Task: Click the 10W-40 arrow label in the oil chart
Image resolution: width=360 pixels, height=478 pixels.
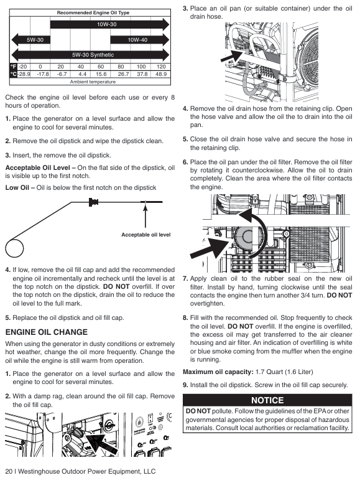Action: point(137,40)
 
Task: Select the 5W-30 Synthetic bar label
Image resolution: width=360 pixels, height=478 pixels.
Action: point(93,55)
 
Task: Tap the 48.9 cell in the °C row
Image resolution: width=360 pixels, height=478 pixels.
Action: point(161,74)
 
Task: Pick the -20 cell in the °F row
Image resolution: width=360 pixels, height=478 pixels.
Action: point(22,67)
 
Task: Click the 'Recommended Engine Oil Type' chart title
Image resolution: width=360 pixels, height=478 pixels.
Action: point(93,13)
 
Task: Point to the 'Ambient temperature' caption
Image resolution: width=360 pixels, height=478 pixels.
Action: point(93,82)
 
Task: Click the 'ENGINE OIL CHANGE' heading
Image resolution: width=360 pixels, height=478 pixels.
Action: point(46,332)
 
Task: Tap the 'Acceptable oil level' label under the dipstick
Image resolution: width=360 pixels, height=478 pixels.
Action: point(146,235)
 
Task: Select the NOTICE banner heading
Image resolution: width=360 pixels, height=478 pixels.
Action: point(267,400)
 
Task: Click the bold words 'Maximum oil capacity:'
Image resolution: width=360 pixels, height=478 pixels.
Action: point(218,372)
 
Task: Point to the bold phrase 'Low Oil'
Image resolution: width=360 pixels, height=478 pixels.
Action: point(17,187)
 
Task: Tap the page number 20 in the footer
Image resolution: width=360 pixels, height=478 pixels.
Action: point(9,471)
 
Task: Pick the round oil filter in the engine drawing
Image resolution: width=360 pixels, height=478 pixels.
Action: point(247,237)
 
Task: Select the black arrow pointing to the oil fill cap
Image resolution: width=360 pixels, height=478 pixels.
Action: point(101,443)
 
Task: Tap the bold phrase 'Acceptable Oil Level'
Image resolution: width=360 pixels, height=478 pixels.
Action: point(38,167)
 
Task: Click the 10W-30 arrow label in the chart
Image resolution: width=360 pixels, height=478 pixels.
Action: point(106,24)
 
